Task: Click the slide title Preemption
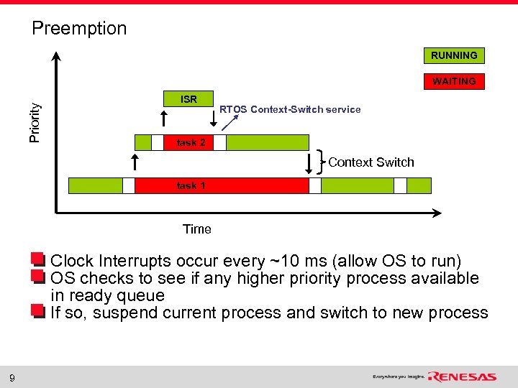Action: pyautogui.click(x=79, y=29)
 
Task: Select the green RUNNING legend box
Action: pyautogui.click(x=453, y=55)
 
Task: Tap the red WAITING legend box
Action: pyautogui.click(x=453, y=81)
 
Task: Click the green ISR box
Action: pyautogui.click(x=188, y=99)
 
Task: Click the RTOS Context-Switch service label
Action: pyautogui.click(x=290, y=109)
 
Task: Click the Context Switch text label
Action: pyautogui.click(x=371, y=162)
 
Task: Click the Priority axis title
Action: pyautogui.click(x=35, y=121)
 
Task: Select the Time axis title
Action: pyautogui.click(x=196, y=229)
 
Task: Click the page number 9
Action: pyautogui.click(x=12, y=377)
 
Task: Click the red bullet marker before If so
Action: pyautogui.click(x=37, y=311)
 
